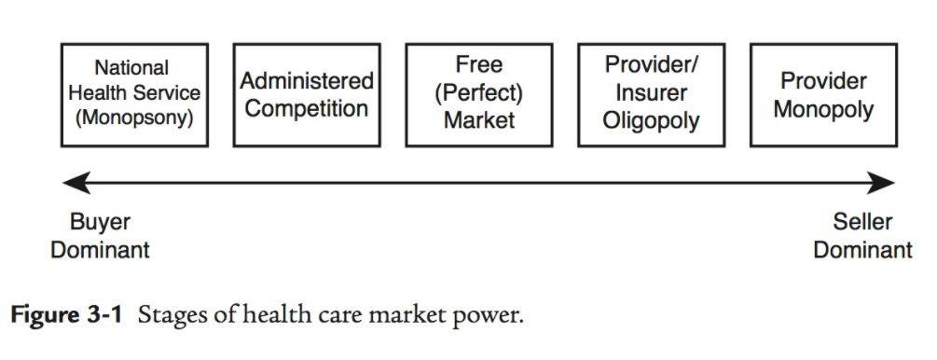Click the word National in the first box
[x=131, y=67]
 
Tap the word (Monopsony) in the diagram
[x=134, y=118]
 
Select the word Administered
[x=307, y=81]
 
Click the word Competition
[x=307, y=109]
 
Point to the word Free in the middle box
[x=478, y=64]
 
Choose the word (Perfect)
[x=478, y=92]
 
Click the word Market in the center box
[x=478, y=119]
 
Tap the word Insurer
[x=651, y=92]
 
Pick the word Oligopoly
[x=651, y=121]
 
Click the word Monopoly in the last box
[x=823, y=109]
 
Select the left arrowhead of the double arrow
[x=76, y=183]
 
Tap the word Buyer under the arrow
[x=100, y=223]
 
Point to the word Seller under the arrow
[x=862, y=223]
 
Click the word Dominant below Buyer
[x=100, y=249]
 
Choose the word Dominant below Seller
[x=862, y=249]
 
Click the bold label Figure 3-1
[x=66, y=315]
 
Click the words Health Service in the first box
[x=134, y=92]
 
